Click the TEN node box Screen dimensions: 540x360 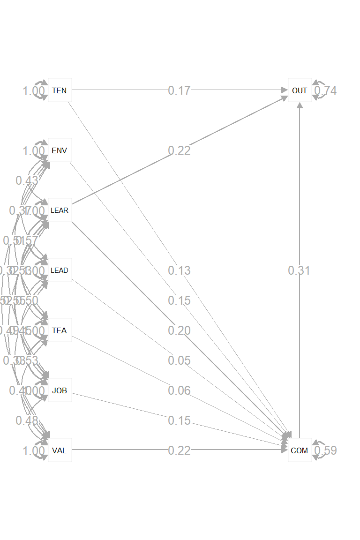click(x=60, y=90)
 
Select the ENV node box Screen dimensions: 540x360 click(x=60, y=150)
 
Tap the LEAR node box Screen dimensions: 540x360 click(x=60, y=210)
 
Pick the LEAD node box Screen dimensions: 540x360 click(x=60, y=270)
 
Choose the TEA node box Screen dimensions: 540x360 click(x=60, y=330)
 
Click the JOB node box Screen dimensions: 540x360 click(x=60, y=390)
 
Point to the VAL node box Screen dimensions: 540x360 click(x=60, y=450)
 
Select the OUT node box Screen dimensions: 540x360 click(x=300, y=90)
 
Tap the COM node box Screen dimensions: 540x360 click(x=300, y=450)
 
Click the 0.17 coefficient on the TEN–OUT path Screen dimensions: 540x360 click(x=180, y=90)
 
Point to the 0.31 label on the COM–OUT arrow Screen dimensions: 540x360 click(x=299, y=270)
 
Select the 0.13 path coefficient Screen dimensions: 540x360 click(x=180, y=270)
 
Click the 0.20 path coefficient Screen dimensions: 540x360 click(x=180, y=330)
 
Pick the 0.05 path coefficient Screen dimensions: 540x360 click(x=180, y=360)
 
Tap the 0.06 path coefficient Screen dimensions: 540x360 click(x=180, y=390)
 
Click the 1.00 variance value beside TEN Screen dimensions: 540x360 click(x=34, y=91)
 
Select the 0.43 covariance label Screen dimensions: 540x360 click(x=27, y=180)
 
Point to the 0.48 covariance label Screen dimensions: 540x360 click(x=27, y=420)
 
